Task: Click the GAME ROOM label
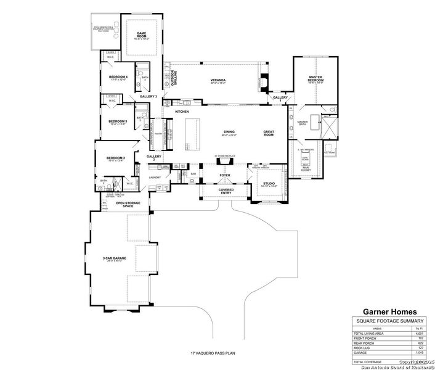point(142,35)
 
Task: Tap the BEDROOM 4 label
point(118,77)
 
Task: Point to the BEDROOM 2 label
point(116,158)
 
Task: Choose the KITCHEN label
point(181,112)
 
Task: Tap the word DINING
point(229,131)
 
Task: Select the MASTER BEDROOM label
point(316,79)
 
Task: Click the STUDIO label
point(269,183)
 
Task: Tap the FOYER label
point(225,175)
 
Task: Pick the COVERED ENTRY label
point(225,191)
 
